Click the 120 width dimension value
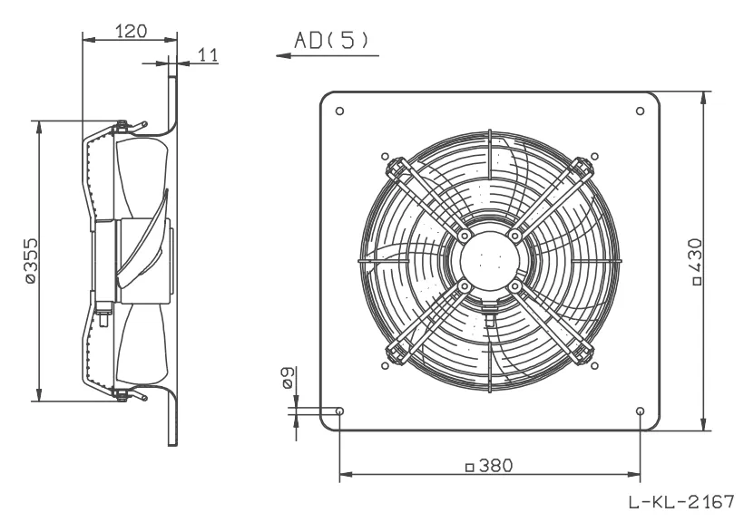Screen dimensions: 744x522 [x=132, y=32]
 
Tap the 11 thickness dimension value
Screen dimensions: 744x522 [x=208, y=55]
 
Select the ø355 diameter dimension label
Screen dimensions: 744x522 [x=30, y=260]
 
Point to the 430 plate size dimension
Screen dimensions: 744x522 [x=697, y=261]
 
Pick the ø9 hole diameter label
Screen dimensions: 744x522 [x=288, y=378]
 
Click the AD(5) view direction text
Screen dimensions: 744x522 [x=331, y=40]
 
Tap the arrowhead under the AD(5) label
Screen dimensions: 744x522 [x=283, y=55]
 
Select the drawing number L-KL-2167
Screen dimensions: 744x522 [x=681, y=501]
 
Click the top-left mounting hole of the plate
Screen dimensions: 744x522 [x=339, y=111]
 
